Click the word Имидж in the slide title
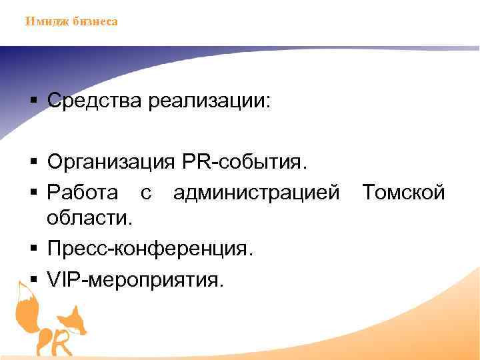click(x=43, y=21)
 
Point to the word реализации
click(x=210, y=101)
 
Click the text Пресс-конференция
click(x=150, y=249)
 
